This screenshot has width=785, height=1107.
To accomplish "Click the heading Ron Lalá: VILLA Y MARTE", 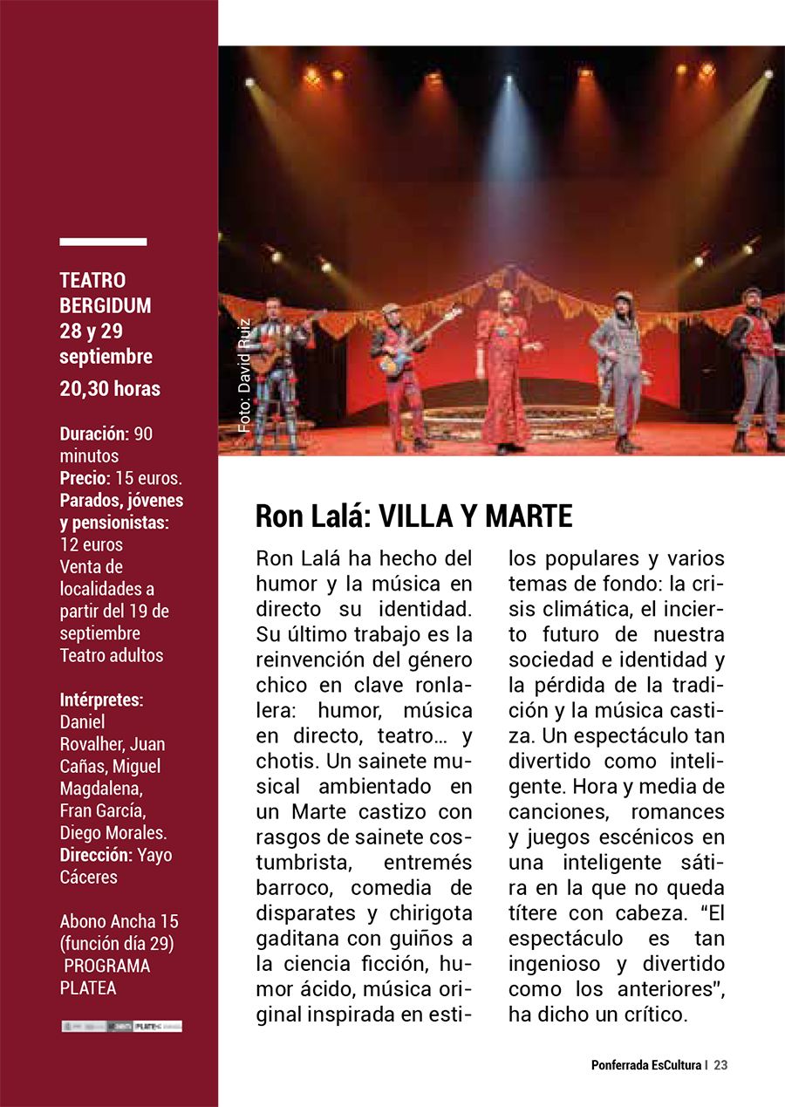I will tap(413, 516).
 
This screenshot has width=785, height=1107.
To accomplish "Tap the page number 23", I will tap(720, 1065).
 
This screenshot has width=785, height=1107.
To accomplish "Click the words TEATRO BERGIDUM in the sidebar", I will tap(106, 293).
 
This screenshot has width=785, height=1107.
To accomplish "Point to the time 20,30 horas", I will tap(110, 389).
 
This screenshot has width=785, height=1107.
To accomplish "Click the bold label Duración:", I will tap(95, 434).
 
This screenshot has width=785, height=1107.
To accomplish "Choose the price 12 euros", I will tap(91, 544).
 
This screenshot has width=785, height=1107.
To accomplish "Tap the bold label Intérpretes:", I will tap(101, 700).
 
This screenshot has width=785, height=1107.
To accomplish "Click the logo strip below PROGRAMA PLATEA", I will tap(121, 1026).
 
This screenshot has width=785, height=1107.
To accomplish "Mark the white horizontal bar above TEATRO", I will tap(103, 242).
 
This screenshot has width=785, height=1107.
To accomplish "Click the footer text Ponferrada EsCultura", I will tap(646, 1065).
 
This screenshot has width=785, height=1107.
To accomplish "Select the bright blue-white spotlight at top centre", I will tap(509, 83).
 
